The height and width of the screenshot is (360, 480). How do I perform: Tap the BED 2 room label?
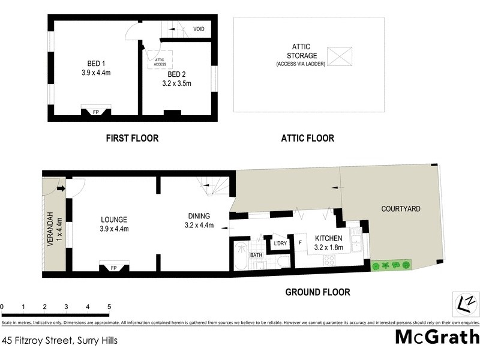coord(176,74)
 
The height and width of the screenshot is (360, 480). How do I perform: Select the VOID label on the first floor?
coord(199,29)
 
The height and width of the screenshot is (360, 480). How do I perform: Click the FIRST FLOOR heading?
coord(132,138)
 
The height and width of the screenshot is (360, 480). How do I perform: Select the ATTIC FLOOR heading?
coord(307,138)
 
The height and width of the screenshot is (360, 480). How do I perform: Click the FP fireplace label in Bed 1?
coord(96,112)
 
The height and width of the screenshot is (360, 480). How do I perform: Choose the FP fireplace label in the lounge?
coord(113,268)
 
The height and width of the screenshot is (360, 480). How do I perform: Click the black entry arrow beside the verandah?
coord(61,189)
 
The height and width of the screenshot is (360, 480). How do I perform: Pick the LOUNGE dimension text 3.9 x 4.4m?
coord(113,229)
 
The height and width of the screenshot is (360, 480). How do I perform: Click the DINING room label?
coord(198,217)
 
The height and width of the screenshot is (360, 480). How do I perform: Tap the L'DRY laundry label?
coord(280,244)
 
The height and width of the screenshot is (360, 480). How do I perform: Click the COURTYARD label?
coord(401,209)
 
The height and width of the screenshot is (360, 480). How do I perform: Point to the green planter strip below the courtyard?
coord(391,265)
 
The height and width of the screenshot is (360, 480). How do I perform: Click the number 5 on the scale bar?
coord(109,307)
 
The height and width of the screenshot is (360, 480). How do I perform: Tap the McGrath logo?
coord(437,337)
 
